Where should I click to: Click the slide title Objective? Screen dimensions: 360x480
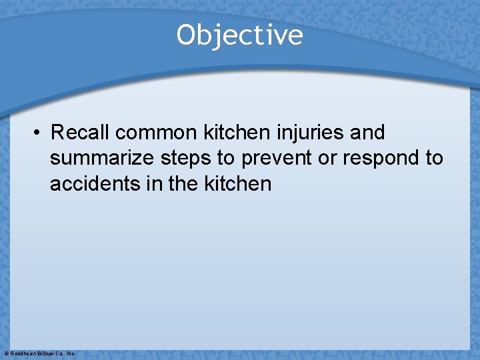239,35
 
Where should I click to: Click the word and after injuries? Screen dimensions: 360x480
367,133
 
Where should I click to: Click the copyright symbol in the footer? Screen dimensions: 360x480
6,353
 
